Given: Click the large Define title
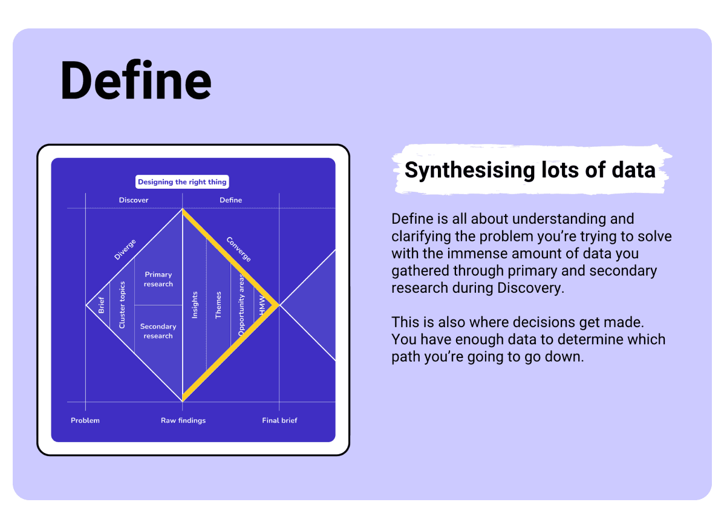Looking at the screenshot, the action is point(135,81).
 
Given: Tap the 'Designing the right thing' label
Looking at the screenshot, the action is point(183,182).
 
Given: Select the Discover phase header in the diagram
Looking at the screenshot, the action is point(134,200).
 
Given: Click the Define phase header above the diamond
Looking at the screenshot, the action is point(231,200).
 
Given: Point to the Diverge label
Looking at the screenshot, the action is point(125,249).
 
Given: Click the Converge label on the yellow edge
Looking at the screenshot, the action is point(239,249).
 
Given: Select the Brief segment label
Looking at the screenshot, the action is point(102,305).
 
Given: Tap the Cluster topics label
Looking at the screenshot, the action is point(122,305).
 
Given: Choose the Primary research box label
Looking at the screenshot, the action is point(158,279).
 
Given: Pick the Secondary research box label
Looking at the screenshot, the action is point(158,331).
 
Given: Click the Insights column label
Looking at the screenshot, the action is point(195,305).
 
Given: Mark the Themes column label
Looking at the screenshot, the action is point(218,305).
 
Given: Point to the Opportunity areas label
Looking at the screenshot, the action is point(241,305).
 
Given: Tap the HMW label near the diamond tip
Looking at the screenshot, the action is point(263,305).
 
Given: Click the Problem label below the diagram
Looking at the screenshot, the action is point(85,420).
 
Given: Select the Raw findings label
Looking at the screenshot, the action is point(183,420).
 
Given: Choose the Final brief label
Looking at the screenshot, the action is point(280,420).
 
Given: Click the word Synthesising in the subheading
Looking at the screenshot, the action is point(469,171).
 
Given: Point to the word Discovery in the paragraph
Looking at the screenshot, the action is point(530,288).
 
